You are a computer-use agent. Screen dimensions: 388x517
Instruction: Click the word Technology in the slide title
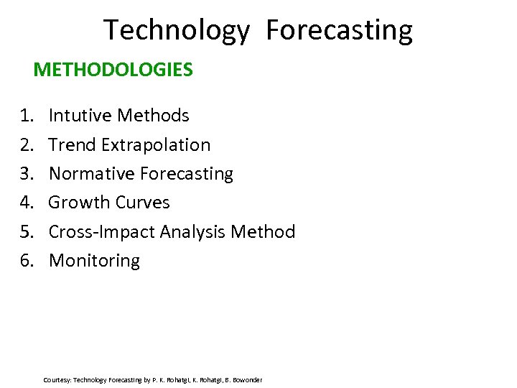[x=177, y=31]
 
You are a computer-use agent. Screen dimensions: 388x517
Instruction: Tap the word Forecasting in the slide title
[x=339, y=31]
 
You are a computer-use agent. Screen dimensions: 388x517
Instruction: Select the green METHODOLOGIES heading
[x=113, y=70]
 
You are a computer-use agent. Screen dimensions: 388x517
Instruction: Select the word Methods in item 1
[x=153, y=116]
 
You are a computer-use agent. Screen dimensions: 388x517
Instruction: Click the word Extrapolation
[x=156, y=145]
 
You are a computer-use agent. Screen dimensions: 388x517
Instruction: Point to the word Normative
[x=91, y=174]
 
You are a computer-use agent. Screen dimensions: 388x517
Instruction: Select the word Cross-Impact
[x=102, y=231]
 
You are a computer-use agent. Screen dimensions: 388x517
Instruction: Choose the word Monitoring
[x=94, y=261]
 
